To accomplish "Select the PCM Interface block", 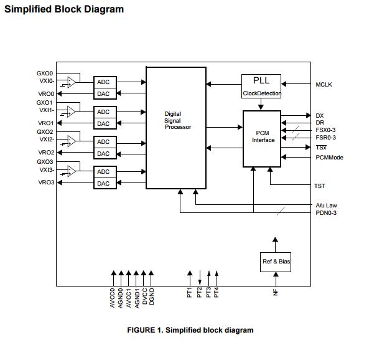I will point(263,137).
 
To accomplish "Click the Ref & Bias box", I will point(276,261).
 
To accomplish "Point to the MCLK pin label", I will point(324,85).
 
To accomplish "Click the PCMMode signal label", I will point(329,158).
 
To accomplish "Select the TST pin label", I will point(320,186).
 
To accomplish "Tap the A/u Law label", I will point(326,205).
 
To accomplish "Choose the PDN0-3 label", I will point(326,213).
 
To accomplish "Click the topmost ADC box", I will point(104,82).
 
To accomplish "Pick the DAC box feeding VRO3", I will point(104,184).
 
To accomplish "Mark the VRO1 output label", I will point(46,123).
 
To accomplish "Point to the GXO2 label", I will point(45,132).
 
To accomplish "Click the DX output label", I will point(320,116).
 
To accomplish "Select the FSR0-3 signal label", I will point(326,138).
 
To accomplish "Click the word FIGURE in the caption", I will point(144,330).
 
